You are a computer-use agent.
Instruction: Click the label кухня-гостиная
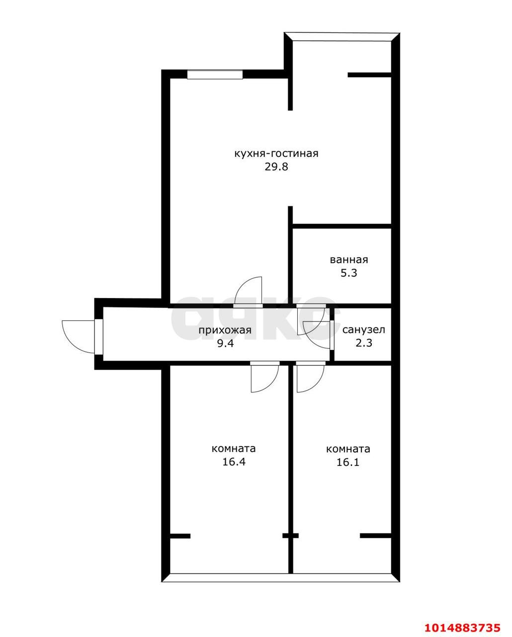[276, 154]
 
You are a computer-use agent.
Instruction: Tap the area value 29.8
[276, 167]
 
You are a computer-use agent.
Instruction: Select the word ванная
[349, 260]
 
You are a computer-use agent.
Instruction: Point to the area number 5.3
[349, 273]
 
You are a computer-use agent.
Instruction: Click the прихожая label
[225, 330]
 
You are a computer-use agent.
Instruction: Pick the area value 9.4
[225, 343]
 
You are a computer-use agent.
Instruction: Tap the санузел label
[363, 329]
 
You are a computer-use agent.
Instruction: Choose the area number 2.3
[364, 343]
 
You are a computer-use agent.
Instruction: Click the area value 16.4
[234, 462]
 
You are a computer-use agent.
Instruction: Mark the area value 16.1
[348, 462]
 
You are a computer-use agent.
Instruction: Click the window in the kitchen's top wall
[215, 74]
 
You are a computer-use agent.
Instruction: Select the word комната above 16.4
[233, 449]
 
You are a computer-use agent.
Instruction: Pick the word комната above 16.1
[348, 449]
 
